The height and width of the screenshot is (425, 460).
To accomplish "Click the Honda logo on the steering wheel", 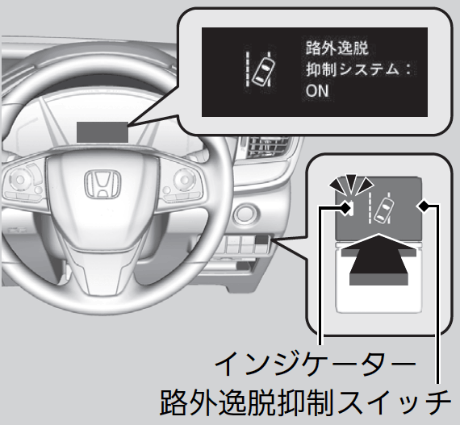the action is point(102,184).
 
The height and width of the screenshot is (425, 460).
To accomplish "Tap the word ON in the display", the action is point(317,91).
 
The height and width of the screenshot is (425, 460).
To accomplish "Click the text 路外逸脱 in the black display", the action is point(337,48).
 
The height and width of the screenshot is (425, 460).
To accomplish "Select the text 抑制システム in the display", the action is point(353,70).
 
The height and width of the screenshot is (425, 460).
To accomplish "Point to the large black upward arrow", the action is point(378,260).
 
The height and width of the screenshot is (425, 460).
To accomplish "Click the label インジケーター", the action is point(316,364).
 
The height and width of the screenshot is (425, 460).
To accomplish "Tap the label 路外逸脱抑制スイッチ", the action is point(305,402).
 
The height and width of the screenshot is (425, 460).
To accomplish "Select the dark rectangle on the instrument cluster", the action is point(102,132).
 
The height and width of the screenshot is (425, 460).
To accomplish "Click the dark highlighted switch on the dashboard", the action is point(261,240).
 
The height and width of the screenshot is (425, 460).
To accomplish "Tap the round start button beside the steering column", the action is point(247,215).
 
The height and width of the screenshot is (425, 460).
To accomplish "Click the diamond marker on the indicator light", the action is point(345,208).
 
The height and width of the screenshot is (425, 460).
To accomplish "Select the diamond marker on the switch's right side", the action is point(423,206).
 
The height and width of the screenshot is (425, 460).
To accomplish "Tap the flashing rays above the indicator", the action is point(351,185).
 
